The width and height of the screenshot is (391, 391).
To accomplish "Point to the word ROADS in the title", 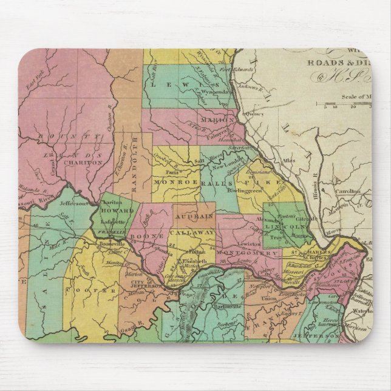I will tap(328, 61).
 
